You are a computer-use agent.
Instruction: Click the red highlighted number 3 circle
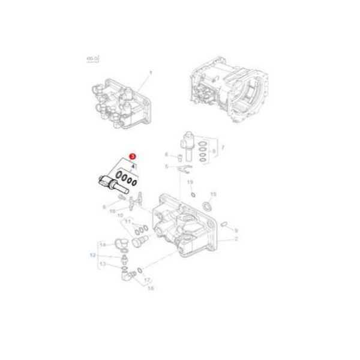point(132,155)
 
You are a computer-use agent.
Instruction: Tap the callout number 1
point(151,72)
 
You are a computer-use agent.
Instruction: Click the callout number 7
point(223,147)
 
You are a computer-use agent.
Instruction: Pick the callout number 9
point(236,230)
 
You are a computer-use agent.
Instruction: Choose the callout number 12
point(93,254)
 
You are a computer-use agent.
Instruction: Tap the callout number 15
point(213,195)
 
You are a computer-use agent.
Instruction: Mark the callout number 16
point(151,288)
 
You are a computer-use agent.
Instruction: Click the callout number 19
point(190,182)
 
